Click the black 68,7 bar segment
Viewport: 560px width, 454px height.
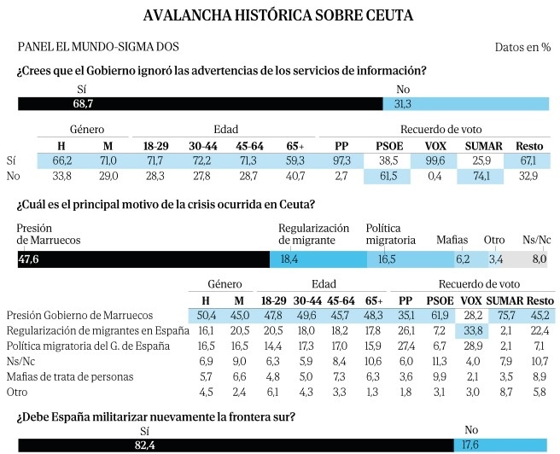pos(201,104)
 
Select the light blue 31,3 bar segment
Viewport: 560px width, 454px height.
pos(466,104)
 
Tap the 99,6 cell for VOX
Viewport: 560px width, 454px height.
pos(434,160)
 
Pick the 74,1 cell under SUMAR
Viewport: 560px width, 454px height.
pos(481,177)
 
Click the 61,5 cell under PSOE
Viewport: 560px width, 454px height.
pos(388,177)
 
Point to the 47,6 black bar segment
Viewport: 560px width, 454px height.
pos(143,259)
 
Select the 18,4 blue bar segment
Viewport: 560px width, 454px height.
pos(318,259)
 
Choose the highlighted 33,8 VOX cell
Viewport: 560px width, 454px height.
pos(472,331)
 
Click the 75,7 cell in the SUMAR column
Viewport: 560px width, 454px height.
pos(505,316)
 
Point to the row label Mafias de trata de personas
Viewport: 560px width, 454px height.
pos(70,377)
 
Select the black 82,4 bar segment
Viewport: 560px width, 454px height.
pos(236,445)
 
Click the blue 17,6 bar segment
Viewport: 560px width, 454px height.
pos(500,445)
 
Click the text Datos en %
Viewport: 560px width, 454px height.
pos(522,47)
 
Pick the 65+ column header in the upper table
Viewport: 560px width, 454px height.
pos(295,146)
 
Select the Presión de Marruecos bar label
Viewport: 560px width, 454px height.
pos(49,234)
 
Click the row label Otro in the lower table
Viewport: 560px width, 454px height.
pos(17,392)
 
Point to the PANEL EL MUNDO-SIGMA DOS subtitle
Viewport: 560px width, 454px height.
pos(98,47)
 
